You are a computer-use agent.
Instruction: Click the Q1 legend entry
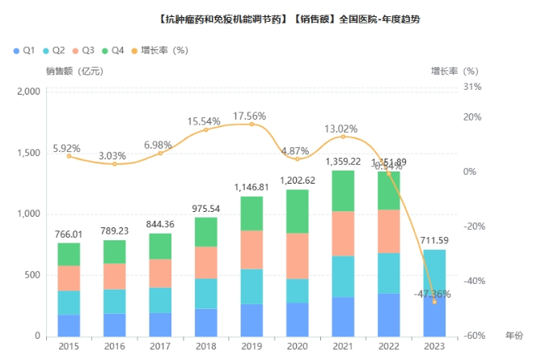point(24,50)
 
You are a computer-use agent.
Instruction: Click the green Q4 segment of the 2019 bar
point(252,214)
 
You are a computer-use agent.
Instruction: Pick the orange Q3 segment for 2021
point(344,234)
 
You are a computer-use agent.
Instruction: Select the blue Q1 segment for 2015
point(69,325)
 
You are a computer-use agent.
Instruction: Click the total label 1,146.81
point(252,187)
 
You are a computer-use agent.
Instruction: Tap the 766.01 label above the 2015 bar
point(69,235)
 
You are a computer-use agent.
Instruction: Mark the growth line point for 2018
point(206,129)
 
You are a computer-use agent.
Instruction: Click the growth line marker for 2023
point(435,301)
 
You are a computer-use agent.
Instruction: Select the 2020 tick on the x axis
point(298,346)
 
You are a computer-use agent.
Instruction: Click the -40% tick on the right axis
point(472,281)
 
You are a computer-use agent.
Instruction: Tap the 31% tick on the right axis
point(473,87)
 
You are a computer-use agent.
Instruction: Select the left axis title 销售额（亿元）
point(74,71)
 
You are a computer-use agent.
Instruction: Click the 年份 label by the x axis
point(514,334)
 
